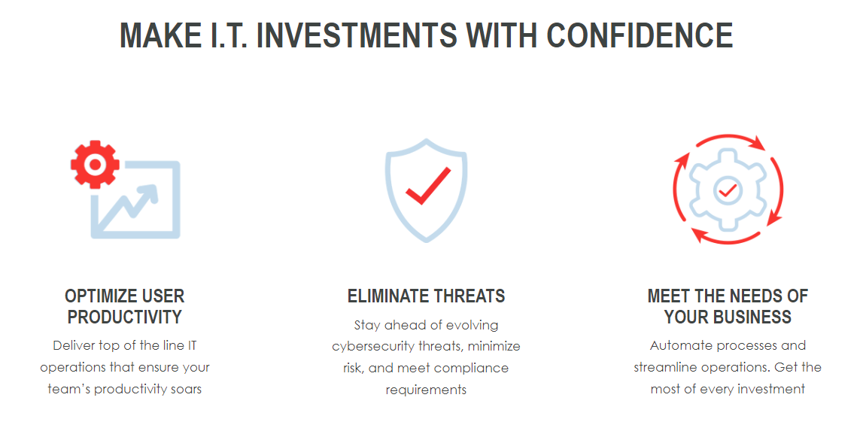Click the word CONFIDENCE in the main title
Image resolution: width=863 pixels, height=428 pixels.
pos(640,35)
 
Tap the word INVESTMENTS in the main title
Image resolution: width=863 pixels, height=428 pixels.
pos(357,35)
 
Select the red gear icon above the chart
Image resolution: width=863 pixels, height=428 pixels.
pos(95,165)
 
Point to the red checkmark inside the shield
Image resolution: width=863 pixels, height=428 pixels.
pos(428,185)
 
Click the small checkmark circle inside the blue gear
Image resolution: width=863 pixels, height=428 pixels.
pos(728,190)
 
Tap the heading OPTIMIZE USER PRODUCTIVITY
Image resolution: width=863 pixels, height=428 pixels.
pos(124,306)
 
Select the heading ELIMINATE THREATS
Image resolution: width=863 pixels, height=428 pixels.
pos(426,296)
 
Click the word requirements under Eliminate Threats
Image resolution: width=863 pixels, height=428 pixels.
pos(426,390)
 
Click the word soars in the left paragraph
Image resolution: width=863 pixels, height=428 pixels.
pos(187,389)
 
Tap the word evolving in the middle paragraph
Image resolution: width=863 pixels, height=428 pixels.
pos(473,325)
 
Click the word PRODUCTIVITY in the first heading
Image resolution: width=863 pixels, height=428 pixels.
pos(124,317)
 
